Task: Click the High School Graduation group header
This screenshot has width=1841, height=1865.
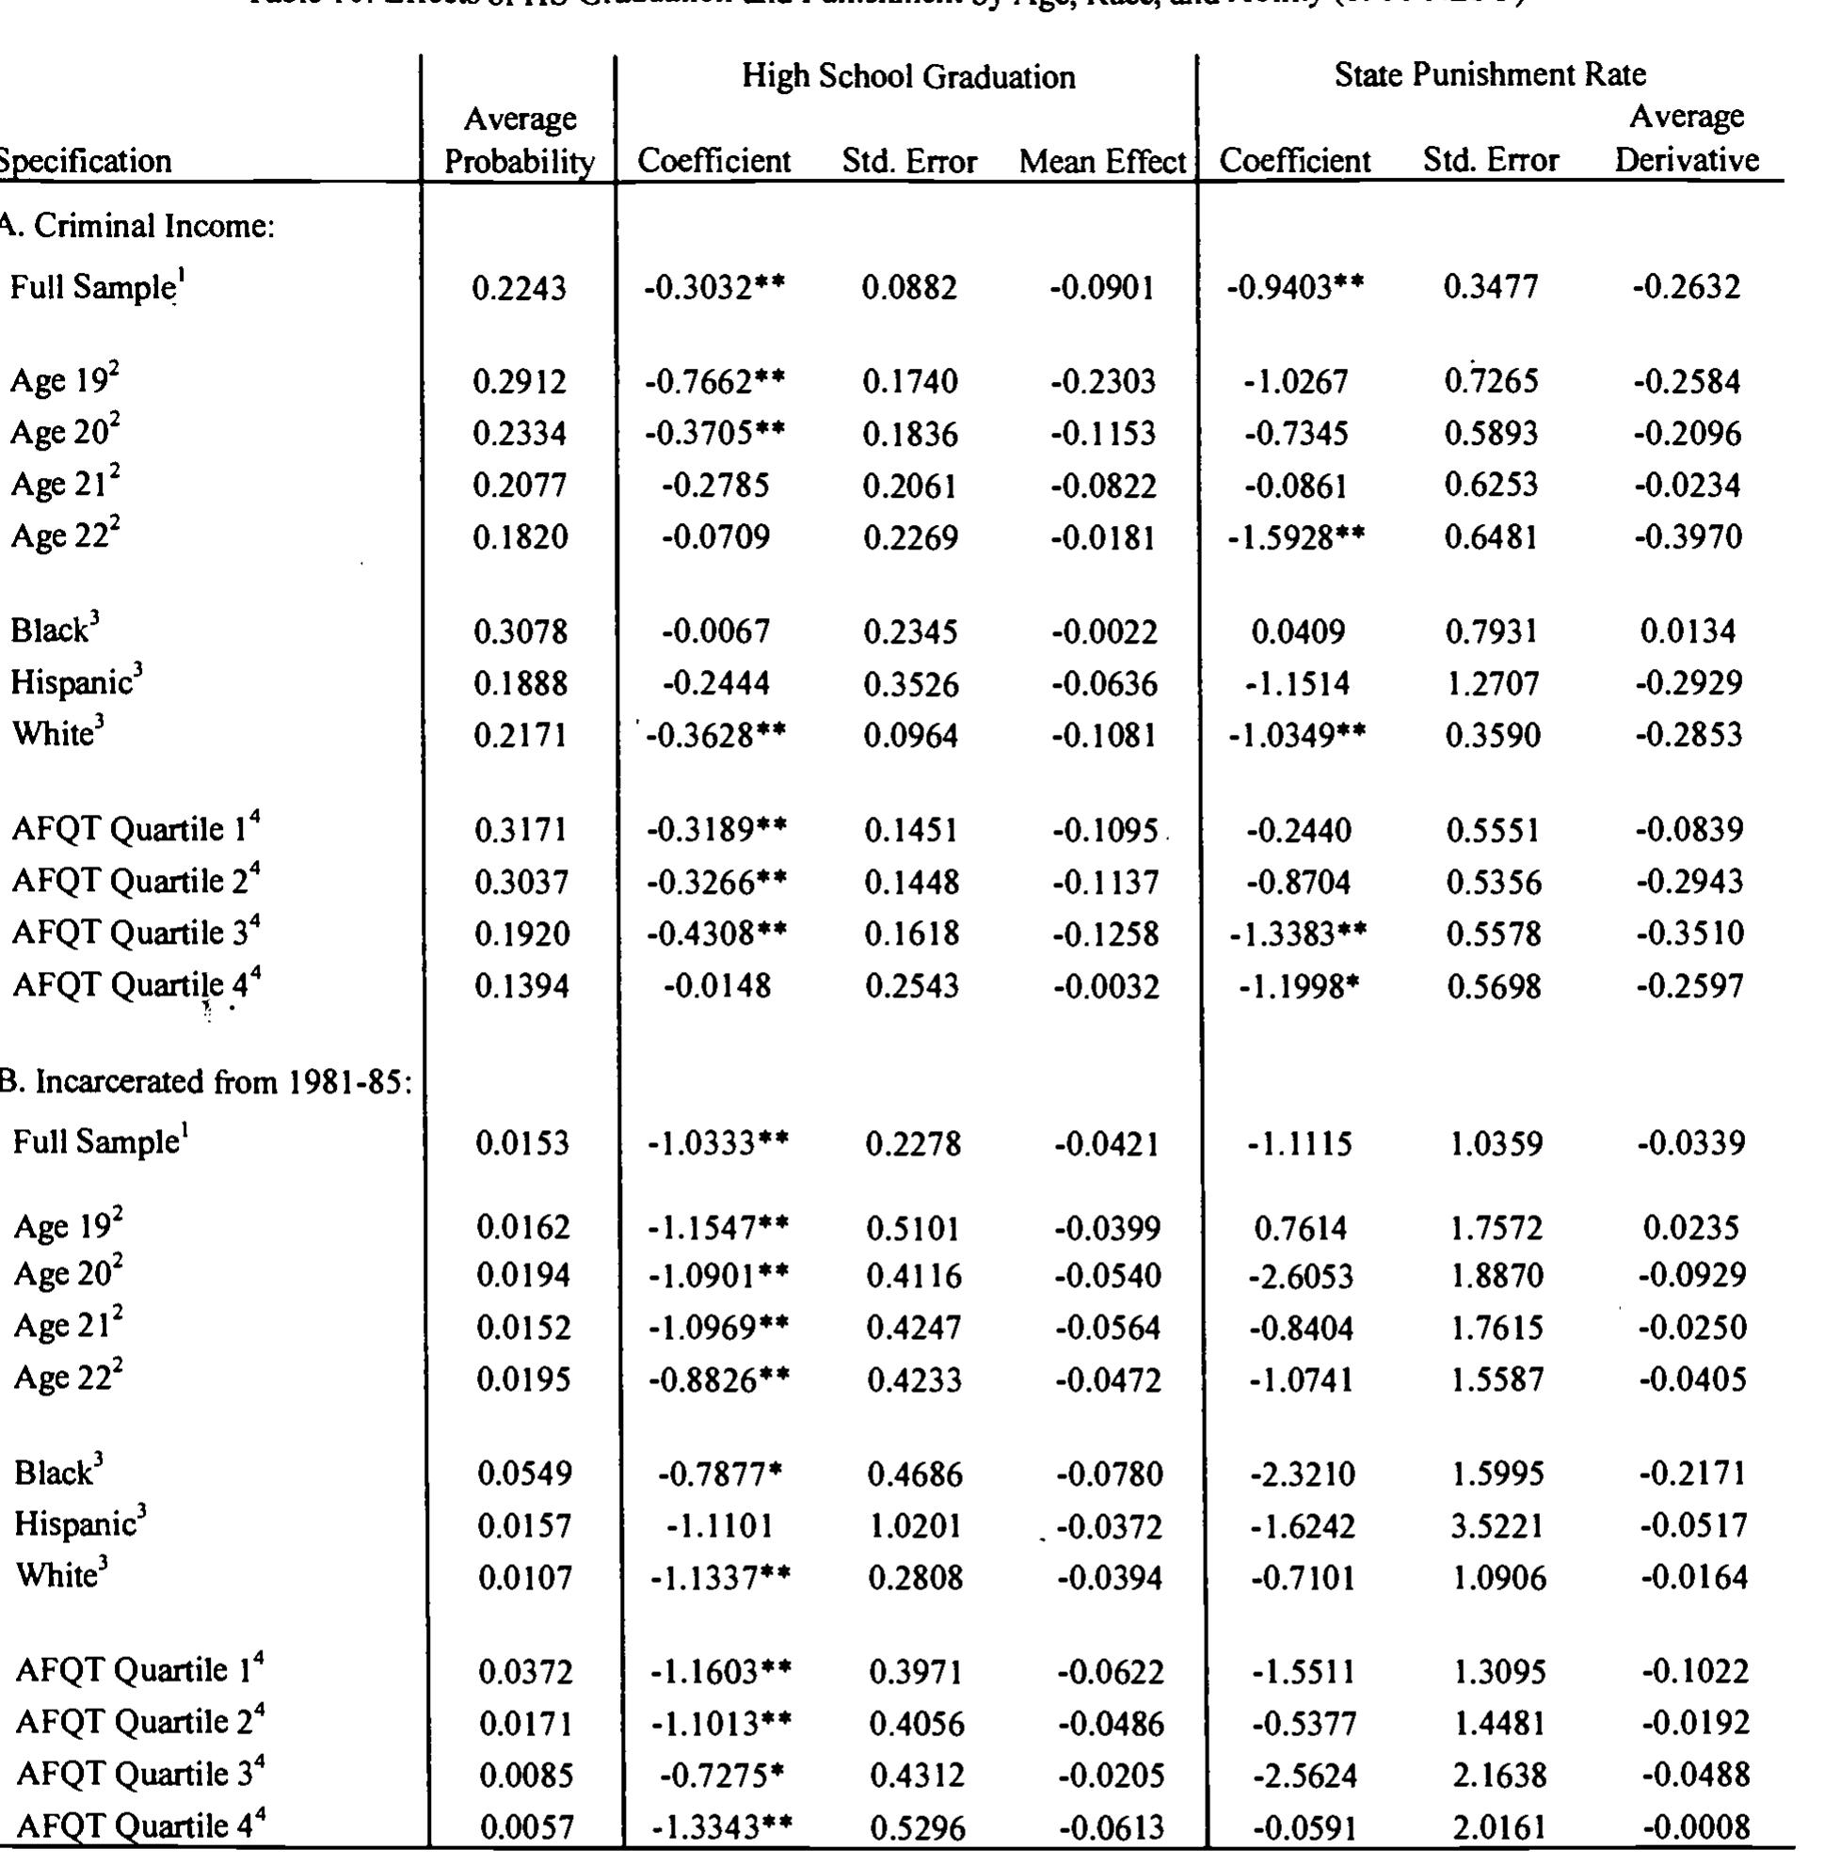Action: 907,77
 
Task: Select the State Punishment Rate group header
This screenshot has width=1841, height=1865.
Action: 1489,74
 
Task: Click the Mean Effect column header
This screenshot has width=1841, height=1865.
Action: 1101,161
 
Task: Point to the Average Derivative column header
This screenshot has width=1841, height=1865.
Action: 1686,138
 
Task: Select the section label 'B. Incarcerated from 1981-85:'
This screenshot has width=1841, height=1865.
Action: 204,1081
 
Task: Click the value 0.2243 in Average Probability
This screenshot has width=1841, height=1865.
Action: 520,289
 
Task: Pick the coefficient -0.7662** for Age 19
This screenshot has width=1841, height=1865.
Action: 714,382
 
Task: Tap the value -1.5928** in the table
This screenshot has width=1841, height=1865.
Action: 1295,537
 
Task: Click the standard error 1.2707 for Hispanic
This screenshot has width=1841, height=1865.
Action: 1492,684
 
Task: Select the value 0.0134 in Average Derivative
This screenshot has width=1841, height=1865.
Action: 1687,632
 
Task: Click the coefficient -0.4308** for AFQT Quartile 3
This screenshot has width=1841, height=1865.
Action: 715,933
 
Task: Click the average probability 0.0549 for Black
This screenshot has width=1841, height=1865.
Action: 524,1474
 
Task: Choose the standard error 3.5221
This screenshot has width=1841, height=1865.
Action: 1496,1526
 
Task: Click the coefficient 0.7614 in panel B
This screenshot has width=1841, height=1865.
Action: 1299,1228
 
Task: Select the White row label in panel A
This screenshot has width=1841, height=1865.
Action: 56,735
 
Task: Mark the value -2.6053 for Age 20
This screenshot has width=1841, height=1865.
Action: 1301,1276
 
